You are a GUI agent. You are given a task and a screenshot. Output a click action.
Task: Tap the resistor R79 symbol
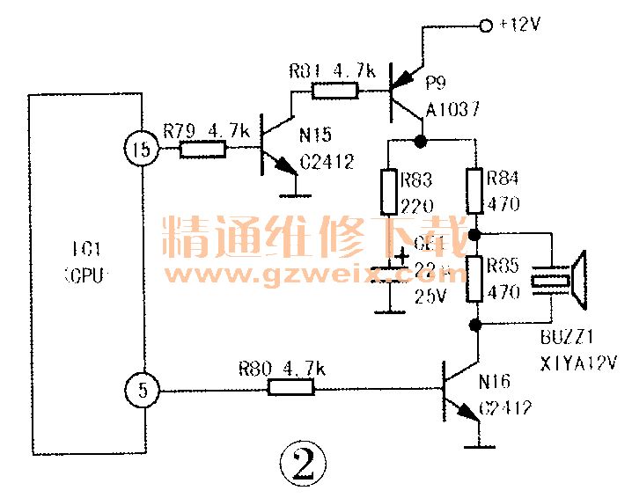click(203, 150)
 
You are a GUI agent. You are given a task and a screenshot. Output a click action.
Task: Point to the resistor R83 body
click(387, 193)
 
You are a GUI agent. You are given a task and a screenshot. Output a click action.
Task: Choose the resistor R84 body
click(475, 192)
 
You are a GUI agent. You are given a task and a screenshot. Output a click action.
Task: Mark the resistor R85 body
click(475, 280)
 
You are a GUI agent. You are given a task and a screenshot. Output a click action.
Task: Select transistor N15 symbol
click(273, 150)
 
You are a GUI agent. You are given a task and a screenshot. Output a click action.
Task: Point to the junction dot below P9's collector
click(422, 141)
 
